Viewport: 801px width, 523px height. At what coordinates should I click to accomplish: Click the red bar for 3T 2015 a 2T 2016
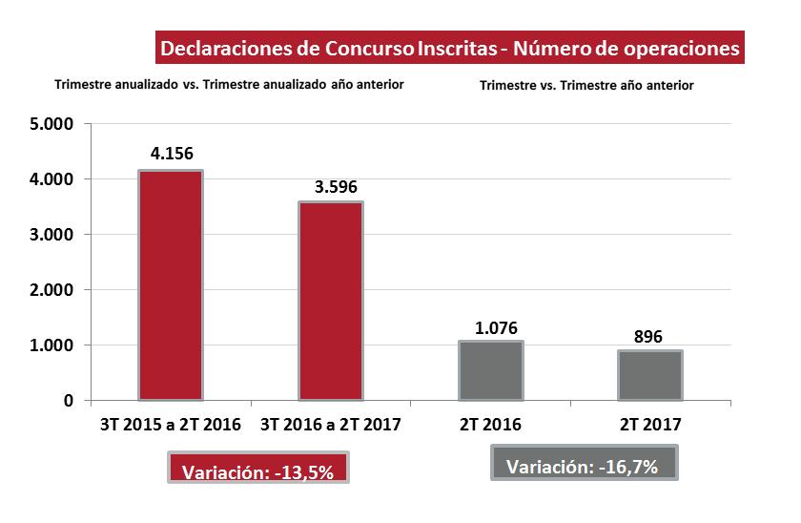point(171,284)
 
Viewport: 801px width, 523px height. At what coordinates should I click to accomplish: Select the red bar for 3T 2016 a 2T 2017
point(331,301)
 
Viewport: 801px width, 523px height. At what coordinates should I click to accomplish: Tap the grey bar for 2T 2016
point(490,370)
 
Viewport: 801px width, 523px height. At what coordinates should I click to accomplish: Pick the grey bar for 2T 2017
point(650,375)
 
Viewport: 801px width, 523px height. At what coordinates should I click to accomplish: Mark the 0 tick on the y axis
point(69,401)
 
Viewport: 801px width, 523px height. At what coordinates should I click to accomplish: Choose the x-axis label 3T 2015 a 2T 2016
point(171,424)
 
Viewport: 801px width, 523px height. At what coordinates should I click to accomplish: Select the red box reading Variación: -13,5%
point(257,471)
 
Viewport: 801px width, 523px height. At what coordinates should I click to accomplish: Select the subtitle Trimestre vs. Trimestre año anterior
point(586,85)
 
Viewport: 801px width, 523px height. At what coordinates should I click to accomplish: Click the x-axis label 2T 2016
point(490,424)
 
